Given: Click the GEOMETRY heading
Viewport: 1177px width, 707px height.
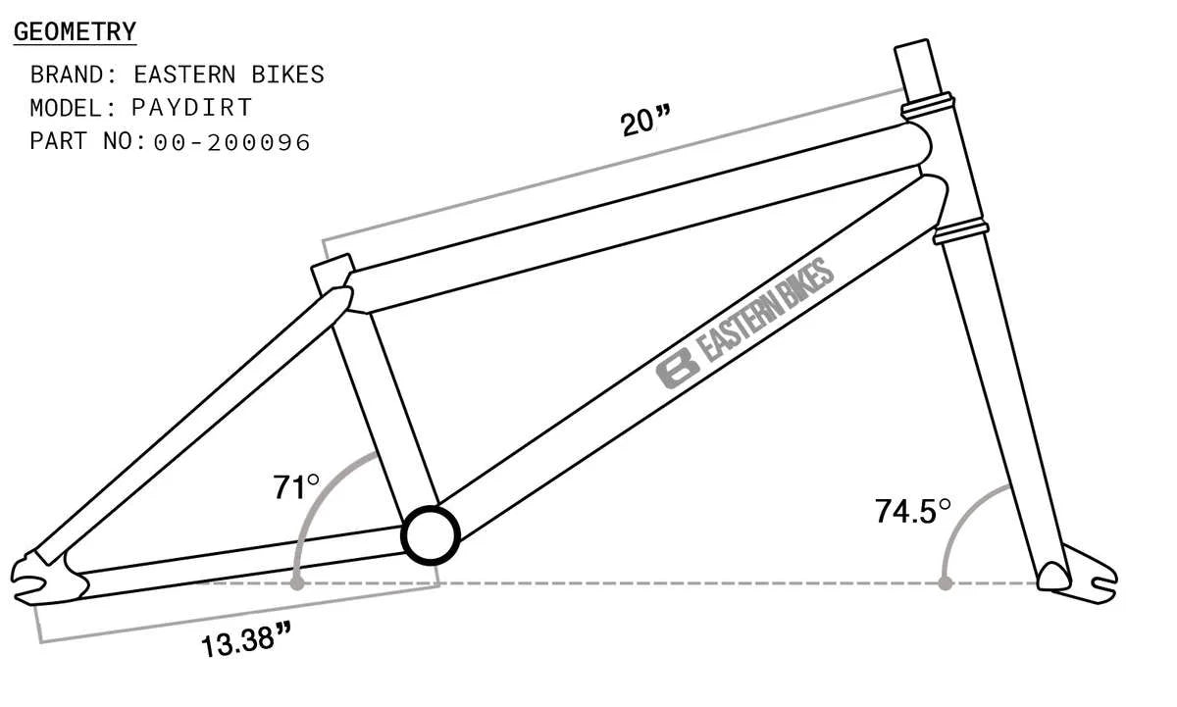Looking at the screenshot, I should [x=75, y=31].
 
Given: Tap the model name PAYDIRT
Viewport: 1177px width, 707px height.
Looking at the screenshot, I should [x=191, y=108].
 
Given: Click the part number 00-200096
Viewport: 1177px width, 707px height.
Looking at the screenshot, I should [x=232, y=142].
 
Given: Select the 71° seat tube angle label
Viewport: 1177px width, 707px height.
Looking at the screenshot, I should [x=296, y=486].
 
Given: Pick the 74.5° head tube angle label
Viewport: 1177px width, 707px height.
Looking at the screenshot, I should [x=913, y=510].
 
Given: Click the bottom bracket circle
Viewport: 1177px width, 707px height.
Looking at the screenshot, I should [x=431, y=534].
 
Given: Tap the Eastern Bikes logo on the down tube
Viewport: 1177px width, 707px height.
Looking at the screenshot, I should [x=745, y=323].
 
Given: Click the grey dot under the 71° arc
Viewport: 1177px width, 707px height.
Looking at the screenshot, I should [x=296, y=582].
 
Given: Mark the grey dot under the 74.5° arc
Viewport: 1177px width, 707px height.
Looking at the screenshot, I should [x=945, y=582].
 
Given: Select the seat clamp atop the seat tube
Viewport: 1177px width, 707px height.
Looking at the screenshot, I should [x=332, y=272].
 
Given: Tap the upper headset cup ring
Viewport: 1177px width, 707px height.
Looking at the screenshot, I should [x=928, y=102].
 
